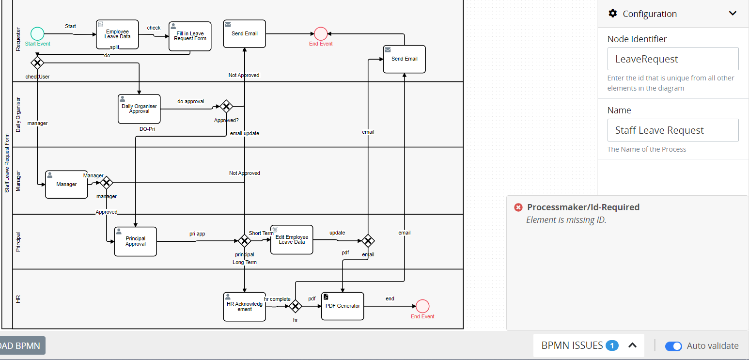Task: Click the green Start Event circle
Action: [37, 33]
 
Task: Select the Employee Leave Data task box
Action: [117, 34]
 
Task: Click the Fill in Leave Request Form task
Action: [190, 36]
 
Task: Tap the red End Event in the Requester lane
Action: [320, 33]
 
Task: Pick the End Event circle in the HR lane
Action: [422, 306]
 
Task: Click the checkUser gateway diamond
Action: [37, 63]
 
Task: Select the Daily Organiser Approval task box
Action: [139, 109]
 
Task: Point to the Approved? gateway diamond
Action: [226, 107]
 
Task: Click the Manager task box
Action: [66, 184]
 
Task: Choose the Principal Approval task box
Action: [136, 241]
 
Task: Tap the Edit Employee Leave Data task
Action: [292, 239]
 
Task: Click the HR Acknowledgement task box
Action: [245, 307]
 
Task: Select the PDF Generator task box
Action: [343, 306]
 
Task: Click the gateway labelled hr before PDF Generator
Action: [296, 306]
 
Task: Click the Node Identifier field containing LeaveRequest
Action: [672, 59]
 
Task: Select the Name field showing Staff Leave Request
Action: [672, 130]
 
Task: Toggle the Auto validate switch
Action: [673, 346]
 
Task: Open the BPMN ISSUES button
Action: [589, 345]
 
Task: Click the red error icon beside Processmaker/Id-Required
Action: [518, 207]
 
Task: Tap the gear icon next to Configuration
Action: [613, 14]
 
